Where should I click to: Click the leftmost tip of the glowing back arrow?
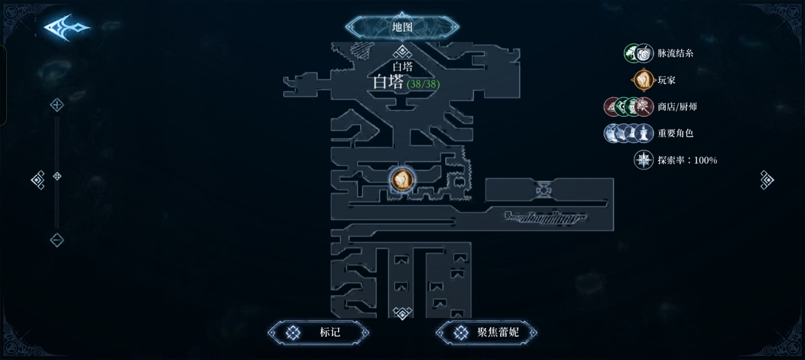(x=44, y=27)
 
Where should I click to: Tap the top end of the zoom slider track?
(x=57, y=118)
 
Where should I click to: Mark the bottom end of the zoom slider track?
(x=57, y=227)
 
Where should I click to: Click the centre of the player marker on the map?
(x=402, y=180)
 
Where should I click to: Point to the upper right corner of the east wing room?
(x=613, y=179)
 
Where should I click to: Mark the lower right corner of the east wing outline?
(x=613, y=231)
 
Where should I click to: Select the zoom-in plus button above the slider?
(x=57, y=105)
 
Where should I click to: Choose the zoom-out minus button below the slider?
(x=57, y=240)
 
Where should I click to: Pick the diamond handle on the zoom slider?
(x=57, y=176)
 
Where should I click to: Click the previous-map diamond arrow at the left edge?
(x=38, y=180)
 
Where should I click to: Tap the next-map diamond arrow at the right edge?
(x=767, y=180)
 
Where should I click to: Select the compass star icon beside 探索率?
(x=644, y=160)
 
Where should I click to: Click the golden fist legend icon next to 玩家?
(x=644, y=80)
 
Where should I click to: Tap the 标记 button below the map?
(x=319, y=332)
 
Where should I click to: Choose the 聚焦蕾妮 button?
(x=486, y=332)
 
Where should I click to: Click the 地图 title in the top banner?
(x=402, y=27)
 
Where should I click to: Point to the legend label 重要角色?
(x=675, y=134)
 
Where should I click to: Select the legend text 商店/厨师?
(x=677, y=107)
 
